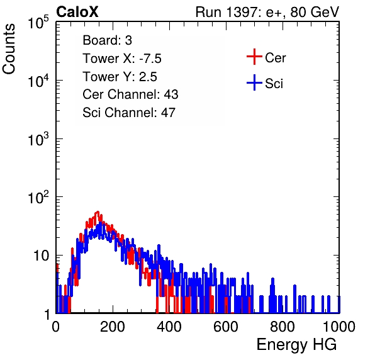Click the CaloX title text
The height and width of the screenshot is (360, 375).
click(x=77, y=12)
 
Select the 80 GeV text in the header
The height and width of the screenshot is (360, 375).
click(x=315, y=12)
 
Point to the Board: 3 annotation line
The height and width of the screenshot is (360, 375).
click(x=107, y=40)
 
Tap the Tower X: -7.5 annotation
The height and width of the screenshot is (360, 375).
click(x=122, y=59)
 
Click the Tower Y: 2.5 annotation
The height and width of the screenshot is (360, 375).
click(x=120, y=77)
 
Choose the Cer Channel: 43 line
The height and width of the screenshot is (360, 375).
click(x=130, y=94)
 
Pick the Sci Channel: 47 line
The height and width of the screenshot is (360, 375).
click(x=129, y=113)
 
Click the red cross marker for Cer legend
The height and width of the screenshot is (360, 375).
click(x=254, y=57)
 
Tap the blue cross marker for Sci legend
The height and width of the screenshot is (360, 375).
click(x=254, y=82)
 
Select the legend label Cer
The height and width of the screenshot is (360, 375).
click(x=275, y=58)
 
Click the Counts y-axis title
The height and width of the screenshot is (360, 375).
click(x=9, y=49)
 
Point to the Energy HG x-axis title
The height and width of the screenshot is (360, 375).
click(x=296, y=344)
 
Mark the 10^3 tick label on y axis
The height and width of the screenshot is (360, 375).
click(x=38, y=139)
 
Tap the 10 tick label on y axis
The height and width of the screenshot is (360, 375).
click(x=42, y=256)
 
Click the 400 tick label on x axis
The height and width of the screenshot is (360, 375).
click(x=169, y=327)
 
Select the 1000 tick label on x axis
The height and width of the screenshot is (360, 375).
click(x=339, y=327)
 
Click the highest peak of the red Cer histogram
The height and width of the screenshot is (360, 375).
click(x=98, y=212)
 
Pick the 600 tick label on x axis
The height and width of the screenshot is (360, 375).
click(x=226, y=327)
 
